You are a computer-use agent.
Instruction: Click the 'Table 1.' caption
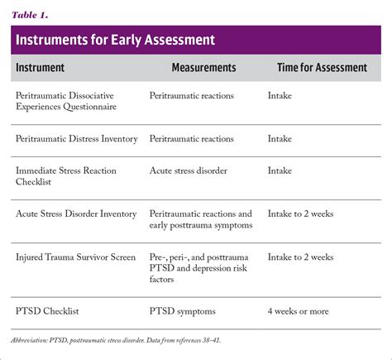[x=30, y=15]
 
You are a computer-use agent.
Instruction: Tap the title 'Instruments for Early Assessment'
[x=115, y=40]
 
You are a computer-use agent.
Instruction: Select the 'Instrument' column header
[x=40, y=68]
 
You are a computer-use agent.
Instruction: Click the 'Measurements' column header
[x=203, y=68]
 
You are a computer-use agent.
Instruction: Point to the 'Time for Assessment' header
[x=322, y=68]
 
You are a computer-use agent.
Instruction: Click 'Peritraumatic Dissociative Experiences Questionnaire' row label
[x=66, y=101]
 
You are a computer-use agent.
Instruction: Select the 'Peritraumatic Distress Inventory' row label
[x=77, y=139]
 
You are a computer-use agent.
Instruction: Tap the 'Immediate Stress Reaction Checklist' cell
[x=66, y=176]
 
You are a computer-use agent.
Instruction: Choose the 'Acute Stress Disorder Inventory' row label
[x=76, y=214]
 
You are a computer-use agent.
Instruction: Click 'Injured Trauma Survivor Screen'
[x=75, y=257]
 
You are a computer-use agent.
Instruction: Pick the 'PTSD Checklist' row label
[x=47, y=311]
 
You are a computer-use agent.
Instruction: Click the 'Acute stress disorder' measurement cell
[x=189, y=170]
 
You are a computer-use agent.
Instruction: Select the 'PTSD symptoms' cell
[x=183, y=311]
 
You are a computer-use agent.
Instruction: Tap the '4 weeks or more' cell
[x=298, y=311]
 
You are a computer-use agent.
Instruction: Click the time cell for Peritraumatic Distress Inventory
[x=280, y=138]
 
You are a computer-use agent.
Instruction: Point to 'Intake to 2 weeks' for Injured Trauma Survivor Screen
[x=300, y=257]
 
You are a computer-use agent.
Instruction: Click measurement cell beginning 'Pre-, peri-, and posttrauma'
[x=198, y=268]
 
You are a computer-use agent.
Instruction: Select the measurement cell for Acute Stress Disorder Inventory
[x=201, y=219]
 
